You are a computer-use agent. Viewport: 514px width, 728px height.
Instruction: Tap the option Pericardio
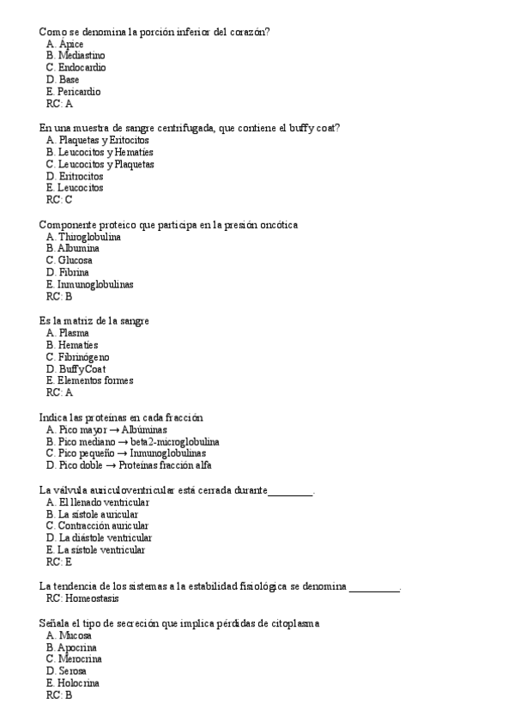click(79, 92)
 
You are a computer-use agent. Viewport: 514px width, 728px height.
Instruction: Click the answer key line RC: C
click(58, 200)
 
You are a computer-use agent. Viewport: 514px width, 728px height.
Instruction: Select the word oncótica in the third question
click(275, 225)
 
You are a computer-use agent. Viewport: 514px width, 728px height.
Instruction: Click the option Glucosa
click(75, 261)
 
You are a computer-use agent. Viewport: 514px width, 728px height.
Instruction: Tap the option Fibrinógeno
click(83, 357)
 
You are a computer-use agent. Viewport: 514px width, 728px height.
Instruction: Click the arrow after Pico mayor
click(114, 430)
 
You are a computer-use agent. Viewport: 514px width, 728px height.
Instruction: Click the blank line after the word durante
click(291, 492)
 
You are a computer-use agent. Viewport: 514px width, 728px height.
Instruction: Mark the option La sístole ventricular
click(101, 550)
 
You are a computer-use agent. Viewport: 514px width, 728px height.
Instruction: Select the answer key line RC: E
click(58, 562)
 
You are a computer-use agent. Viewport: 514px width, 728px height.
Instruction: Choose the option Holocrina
click(78, 683)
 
